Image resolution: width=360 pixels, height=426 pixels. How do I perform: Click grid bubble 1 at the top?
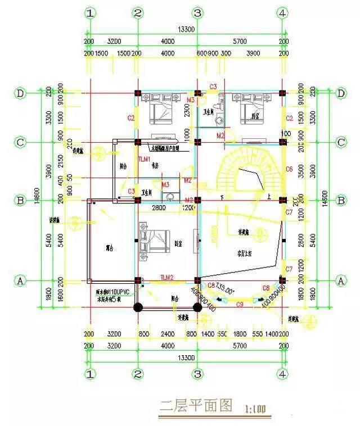point(89,13)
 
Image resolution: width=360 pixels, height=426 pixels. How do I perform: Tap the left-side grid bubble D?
point(21,93)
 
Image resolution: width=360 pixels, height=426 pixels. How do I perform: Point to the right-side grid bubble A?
point(339,279)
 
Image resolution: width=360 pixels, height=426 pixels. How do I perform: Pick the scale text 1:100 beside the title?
point(256,409)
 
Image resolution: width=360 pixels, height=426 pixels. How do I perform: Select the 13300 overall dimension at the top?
point(186,29)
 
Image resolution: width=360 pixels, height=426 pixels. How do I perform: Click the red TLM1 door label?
point(145,160)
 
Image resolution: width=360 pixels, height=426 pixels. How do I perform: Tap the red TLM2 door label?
point(168,278)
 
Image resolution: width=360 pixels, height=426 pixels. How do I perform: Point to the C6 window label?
point(290,169)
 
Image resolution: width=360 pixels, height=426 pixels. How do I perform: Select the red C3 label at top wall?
point(213,86)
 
